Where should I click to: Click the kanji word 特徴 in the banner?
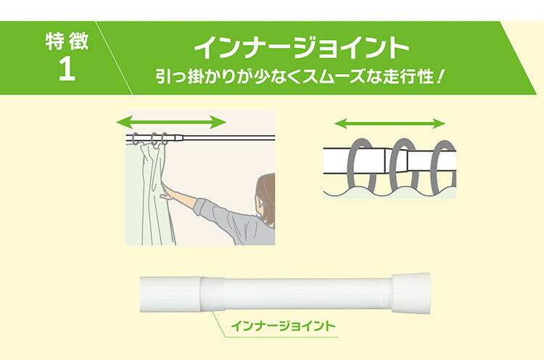(66, 41)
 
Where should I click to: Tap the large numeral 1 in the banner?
(66, 71)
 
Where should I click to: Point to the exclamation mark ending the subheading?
(440, 75)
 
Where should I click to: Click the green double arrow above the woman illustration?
(172, 120)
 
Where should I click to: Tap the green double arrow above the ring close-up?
(390, 123)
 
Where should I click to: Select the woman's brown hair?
(266, 191)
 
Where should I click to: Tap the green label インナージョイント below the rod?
(283, 327)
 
